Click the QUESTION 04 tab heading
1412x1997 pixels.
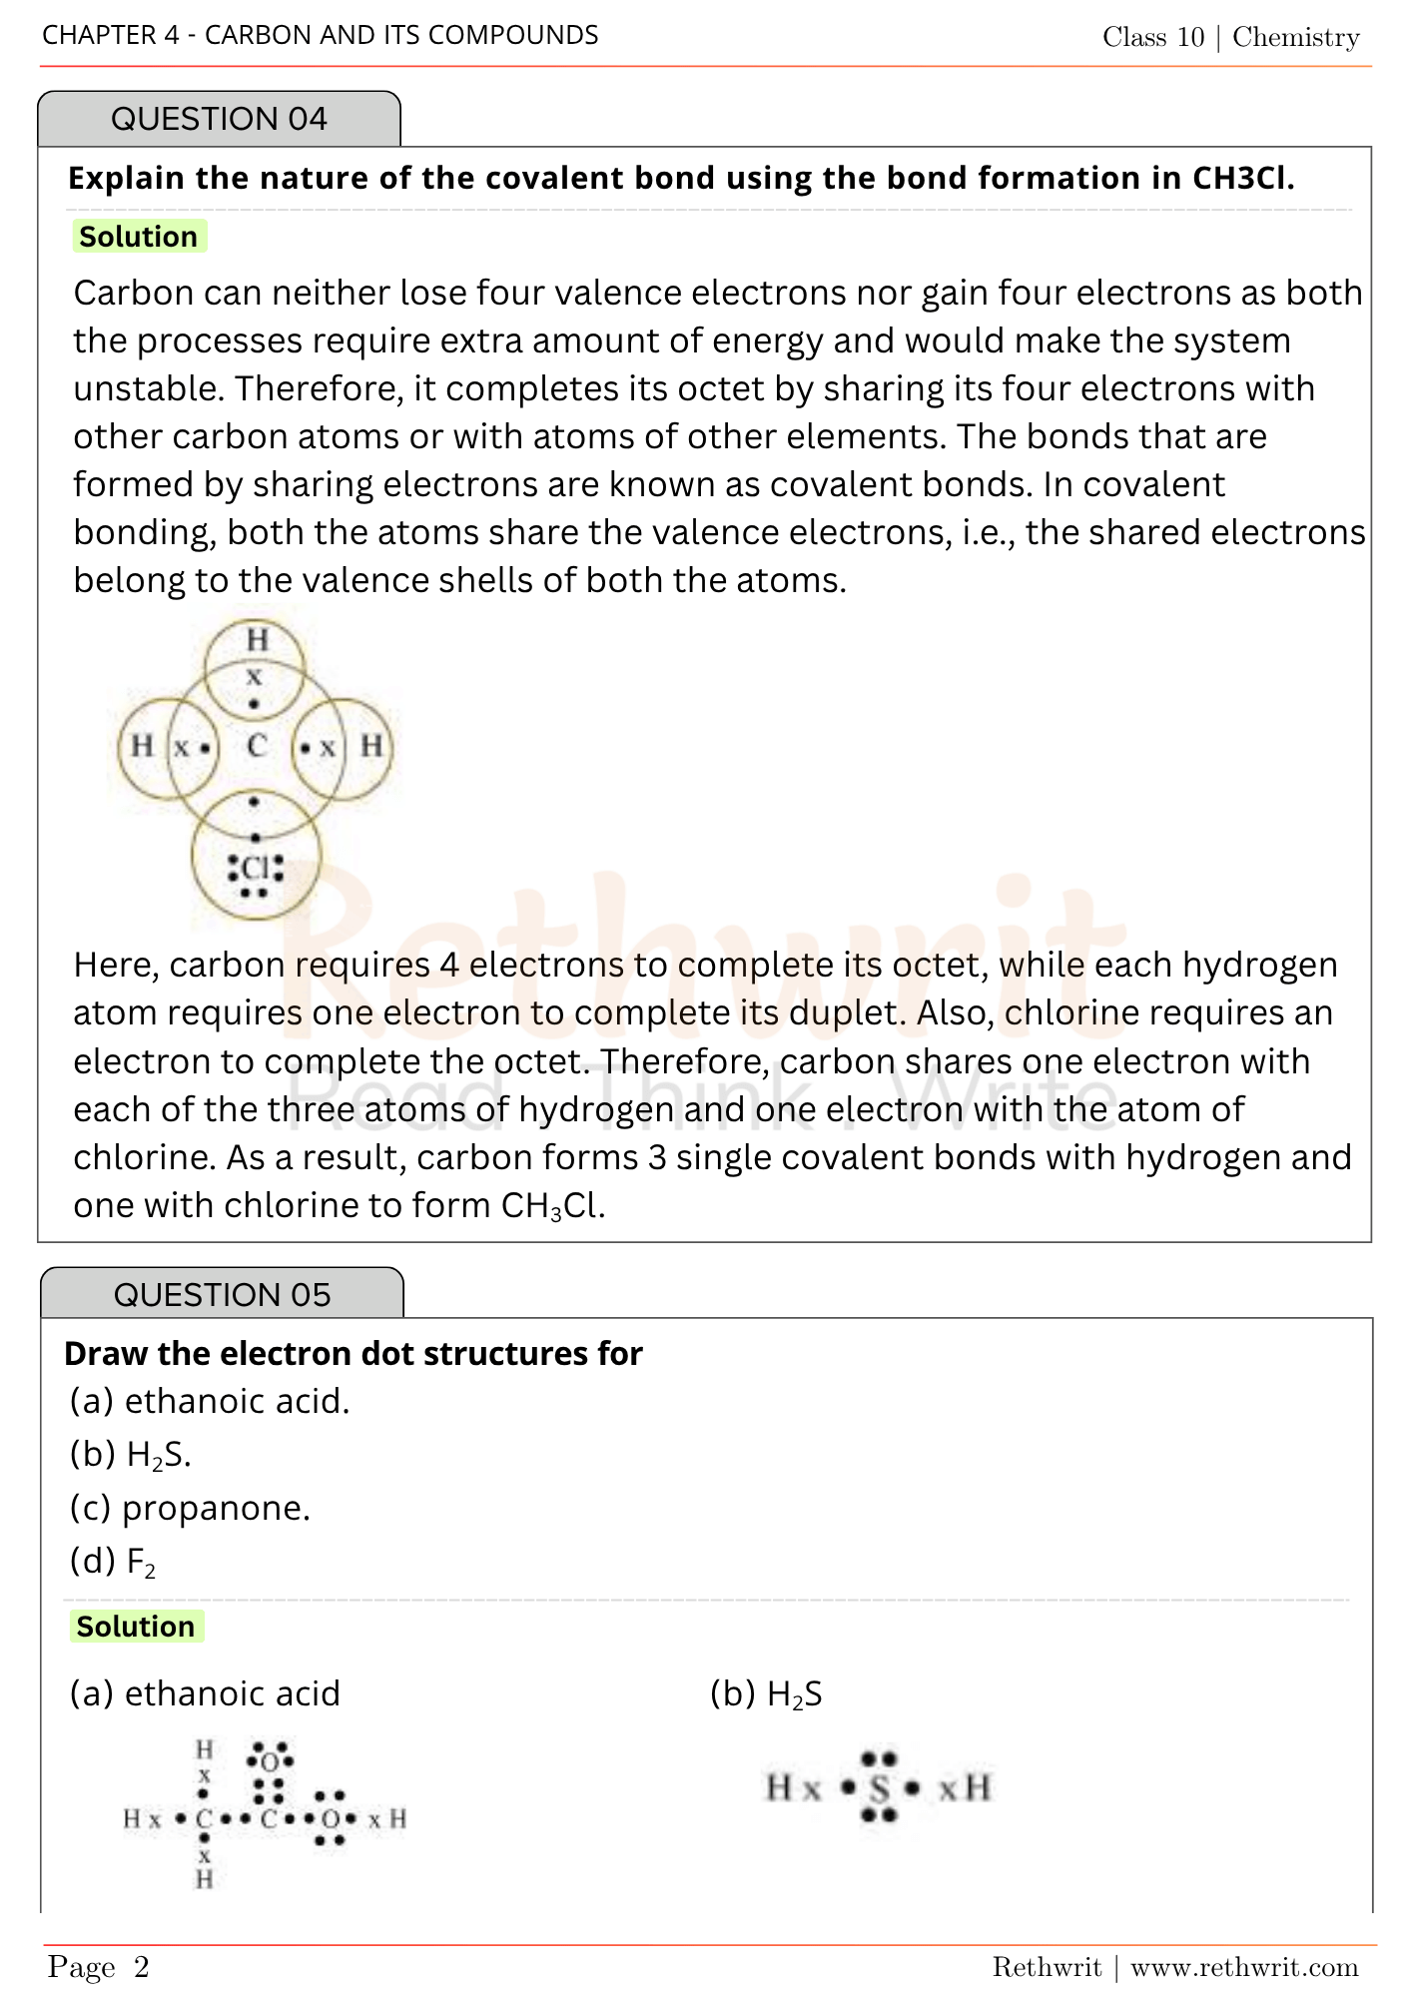click(219, 119)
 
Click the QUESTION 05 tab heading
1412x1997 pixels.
click(222, 1295)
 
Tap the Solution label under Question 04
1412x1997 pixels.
click(139, 237)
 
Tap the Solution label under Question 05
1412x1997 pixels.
click(136, 1627)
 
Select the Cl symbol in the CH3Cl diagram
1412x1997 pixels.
click(256, 867)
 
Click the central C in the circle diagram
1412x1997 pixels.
click(258, 746)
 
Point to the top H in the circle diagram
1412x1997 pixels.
click(258, 639)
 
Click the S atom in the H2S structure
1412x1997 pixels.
click(879, 1787)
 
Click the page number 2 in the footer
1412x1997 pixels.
click(142, 1967)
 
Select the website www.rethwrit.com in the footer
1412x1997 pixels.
click(1244, 1967)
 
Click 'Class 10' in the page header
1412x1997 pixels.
click(1153, 37)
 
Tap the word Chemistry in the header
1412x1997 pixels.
click(1296, 37)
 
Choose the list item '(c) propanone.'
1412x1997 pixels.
click(190, 1508)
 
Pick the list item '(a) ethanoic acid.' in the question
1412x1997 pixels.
click(210, 1402)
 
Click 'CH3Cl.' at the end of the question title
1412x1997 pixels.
click(1243, 178)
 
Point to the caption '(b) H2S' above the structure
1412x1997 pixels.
click(766, 1694)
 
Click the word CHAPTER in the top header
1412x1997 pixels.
click(98, 35)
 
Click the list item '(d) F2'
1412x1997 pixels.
click(113, 1562)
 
